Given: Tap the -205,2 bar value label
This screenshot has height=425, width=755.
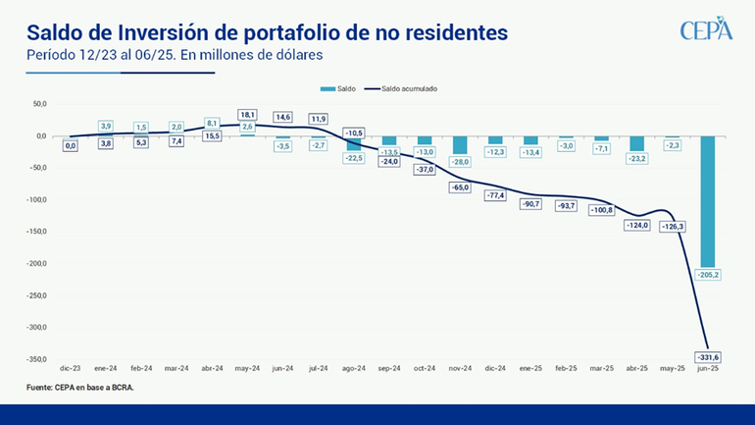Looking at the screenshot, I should pyautogui.click(x=707, y=274).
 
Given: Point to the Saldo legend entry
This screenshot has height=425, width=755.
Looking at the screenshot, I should pyautogui.click(x=343, y=87).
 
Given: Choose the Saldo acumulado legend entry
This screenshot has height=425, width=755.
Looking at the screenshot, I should pyautogui.click(x=403, y=87).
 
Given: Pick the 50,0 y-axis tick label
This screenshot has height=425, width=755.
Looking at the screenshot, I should pyautogui.click(x=39, y=103).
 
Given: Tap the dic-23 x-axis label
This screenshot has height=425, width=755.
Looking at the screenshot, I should pyautogui.click(x=71, y=368).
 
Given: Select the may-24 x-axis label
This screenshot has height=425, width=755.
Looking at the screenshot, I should pyautogui.click(x=247, y=368).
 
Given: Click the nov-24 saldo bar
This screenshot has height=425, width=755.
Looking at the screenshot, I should pyautogui.click(x=460, y=144).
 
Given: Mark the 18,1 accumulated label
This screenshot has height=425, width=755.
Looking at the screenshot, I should pyautogui.click(x=247, y=115).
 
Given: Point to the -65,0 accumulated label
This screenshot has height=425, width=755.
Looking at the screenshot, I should pyautogui.click(x=460, y=186).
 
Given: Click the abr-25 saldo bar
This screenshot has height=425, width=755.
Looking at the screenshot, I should pyautogui.click(x=636, y=143).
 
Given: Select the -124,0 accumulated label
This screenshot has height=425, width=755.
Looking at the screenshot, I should pyautogui.click(x=636, y=225).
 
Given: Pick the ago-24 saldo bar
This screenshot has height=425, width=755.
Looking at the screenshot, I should pyautogui.click(x=354, y=143).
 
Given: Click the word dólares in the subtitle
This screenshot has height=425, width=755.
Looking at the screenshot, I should pyautogui.click(x=297, y=56).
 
